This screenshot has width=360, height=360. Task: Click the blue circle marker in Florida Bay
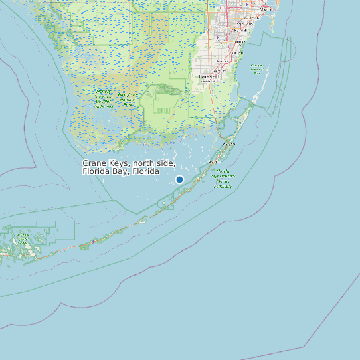click(179, 179)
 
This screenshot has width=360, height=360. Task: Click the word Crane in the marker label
click(94, 163)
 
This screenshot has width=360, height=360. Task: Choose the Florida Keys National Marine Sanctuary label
click(223, 179)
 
